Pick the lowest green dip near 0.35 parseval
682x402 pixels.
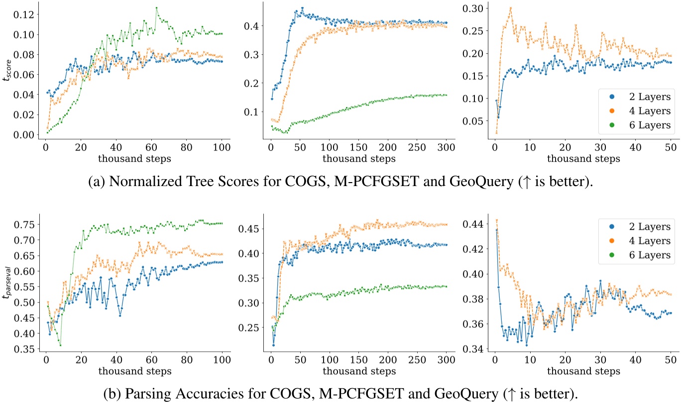coord(60,345)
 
